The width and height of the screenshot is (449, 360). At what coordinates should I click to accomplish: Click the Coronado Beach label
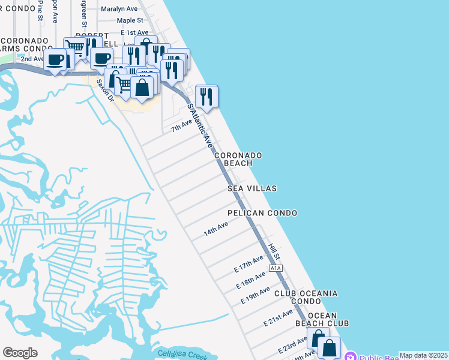(243, 159)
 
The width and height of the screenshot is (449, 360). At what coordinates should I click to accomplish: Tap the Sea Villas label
(252, 188)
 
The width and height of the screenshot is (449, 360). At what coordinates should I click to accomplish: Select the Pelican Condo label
(262, 213)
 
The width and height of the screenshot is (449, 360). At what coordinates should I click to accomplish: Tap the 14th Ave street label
(215, 229)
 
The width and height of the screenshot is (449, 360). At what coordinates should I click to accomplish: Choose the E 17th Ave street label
(249, 265)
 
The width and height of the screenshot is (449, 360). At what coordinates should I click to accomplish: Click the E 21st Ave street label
(279, 317)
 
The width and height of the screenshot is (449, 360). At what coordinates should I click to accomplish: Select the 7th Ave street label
(181, 125)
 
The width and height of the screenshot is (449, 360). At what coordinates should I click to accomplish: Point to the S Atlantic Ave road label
(200, 126)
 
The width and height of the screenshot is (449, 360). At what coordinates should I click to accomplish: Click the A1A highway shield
(276, 268)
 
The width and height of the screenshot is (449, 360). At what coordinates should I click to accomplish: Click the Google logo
(20, 353)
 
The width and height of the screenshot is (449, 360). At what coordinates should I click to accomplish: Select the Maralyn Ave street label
(119, 9)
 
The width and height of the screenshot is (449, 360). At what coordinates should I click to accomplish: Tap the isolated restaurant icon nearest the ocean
(206, 96)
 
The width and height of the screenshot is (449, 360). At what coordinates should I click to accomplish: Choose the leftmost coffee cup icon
(55, 60)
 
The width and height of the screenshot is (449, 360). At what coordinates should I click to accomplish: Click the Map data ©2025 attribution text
(423, 355)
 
